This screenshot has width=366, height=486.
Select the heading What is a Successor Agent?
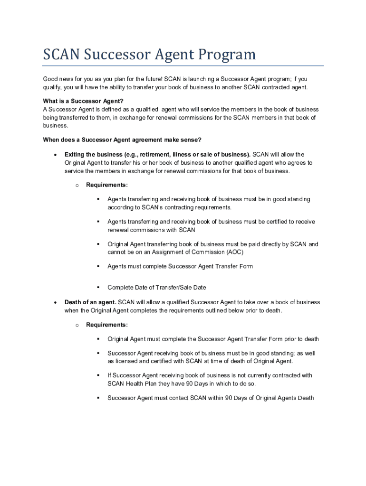click(x=83, y=101)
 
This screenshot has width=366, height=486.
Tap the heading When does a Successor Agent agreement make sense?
click(x=122, y=140)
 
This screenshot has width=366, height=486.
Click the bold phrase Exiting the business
click(x=93, y=154)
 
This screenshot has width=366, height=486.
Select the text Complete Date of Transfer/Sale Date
click(x=156, y=288)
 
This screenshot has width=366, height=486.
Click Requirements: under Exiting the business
click(x=106, y=185)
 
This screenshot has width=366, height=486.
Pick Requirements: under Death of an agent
click(x=106, y=325)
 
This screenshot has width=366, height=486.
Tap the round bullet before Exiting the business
click(x=56, y=155)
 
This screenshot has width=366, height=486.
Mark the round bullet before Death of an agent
click(x=56, y=303)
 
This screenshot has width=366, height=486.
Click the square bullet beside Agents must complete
click(x=98, y=266)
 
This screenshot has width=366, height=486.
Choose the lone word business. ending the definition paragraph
click(x=55, y=126)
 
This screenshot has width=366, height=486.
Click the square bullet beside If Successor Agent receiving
click(x=98, y=375)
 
